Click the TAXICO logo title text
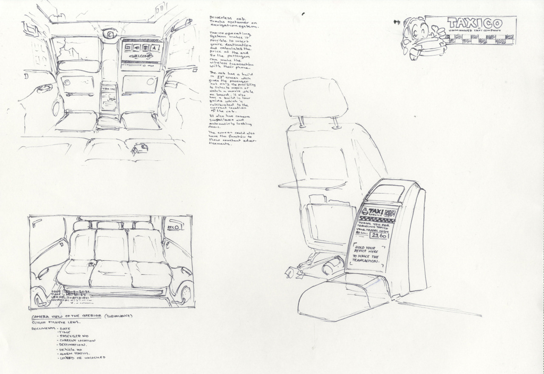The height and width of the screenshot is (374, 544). click(475, 23)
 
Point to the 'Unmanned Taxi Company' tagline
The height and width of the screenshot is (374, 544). click(475, 31)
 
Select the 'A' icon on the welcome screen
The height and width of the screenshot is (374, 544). click(155, 48)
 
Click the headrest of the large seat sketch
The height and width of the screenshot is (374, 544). click(315, 97)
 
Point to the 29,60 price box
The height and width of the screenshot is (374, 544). click(379, 235)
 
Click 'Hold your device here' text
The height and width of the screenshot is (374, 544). click(365, 249)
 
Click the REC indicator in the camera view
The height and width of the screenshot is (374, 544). click(174, 227)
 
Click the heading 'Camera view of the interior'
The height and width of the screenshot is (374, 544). click(65, 316)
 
